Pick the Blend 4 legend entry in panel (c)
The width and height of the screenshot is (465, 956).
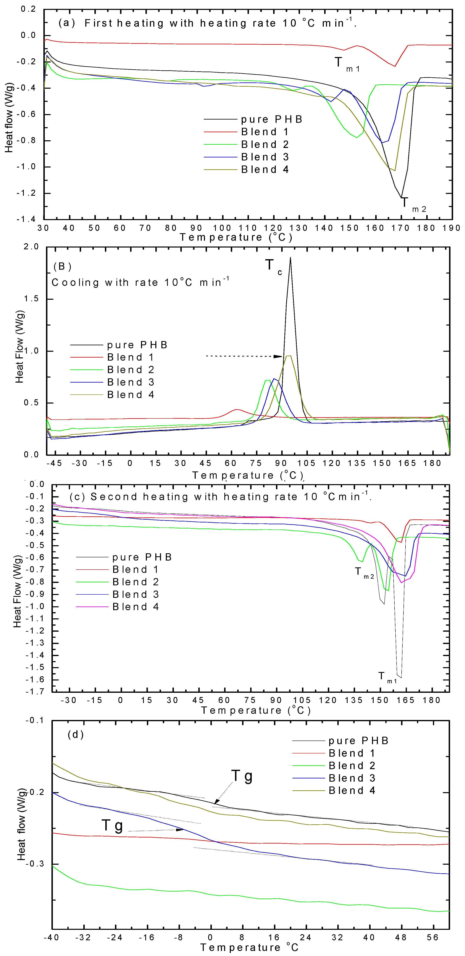tap(136, 607)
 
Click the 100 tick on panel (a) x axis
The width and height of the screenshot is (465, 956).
tap(222, 228)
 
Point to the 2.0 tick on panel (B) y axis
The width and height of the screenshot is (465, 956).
tap(31, 247)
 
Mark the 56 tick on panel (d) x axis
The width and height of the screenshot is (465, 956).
tap(433, 937)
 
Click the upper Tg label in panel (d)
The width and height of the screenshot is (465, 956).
tap(242, 776)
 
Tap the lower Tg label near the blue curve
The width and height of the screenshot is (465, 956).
tap(112, 825)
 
